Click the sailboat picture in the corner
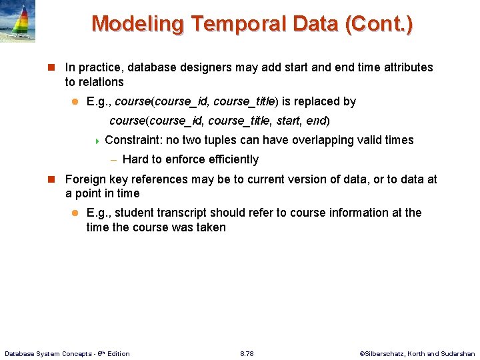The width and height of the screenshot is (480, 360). pos(18,21)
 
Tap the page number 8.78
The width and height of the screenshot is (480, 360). pos(247,353)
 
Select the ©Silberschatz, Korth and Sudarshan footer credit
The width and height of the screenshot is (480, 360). pos(417,353)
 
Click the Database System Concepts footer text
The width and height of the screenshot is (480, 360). pos(67,353)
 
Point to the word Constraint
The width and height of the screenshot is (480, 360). pos(131,140)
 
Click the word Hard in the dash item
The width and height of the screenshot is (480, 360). pos(136,159)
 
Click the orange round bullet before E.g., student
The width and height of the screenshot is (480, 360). pos(75,213)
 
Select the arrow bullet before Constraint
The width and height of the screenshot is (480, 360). pos(97,141)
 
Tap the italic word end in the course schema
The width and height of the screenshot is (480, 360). pos(316,121)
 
